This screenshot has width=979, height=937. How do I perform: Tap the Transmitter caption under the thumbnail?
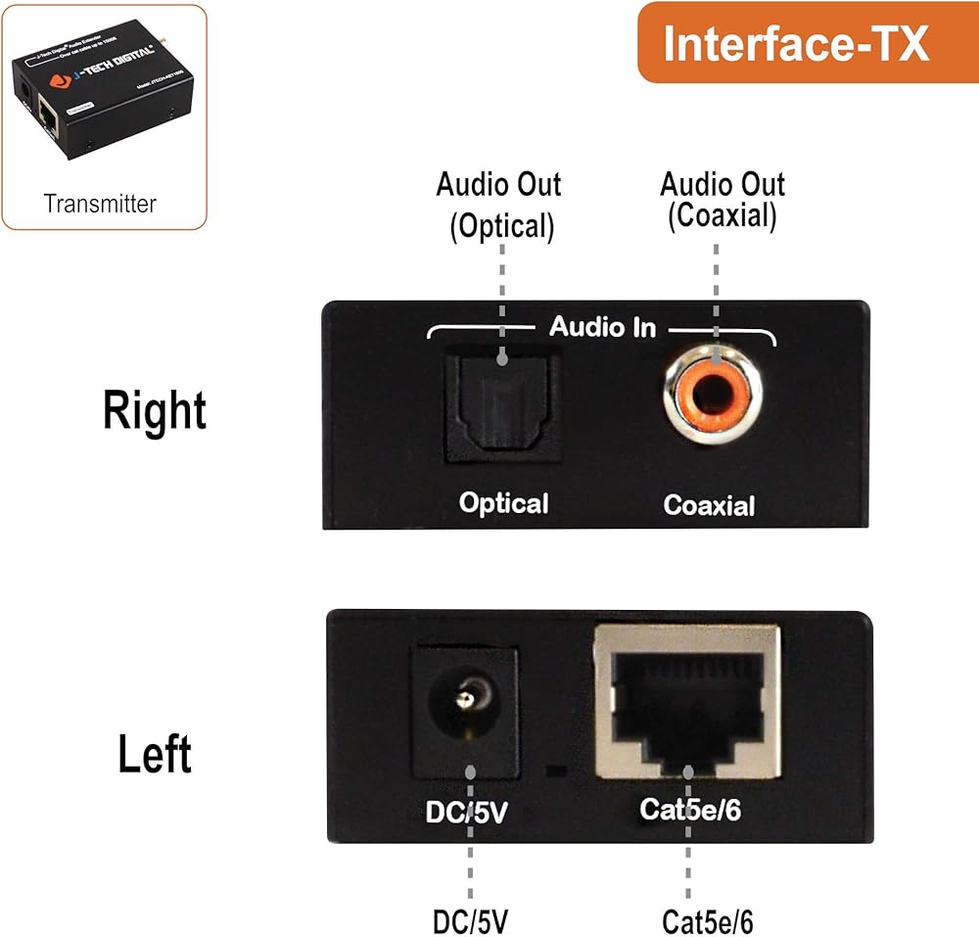[100, 204]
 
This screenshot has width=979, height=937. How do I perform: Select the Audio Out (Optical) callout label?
[499, 206]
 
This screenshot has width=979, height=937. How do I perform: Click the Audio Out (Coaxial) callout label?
[723, 200]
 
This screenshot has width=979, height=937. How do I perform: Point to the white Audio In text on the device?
[602, 326]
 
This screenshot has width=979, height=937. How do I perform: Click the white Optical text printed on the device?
[504, 503]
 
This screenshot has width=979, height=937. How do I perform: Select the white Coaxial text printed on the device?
[710, 505]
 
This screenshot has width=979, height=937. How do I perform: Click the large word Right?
[155, 411]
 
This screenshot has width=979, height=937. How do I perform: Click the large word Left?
[155, 754]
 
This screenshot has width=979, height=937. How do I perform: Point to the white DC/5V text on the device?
[466, 811]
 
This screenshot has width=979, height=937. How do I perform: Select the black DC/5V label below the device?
[470, 921]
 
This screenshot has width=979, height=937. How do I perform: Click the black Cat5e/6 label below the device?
[707, 921]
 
